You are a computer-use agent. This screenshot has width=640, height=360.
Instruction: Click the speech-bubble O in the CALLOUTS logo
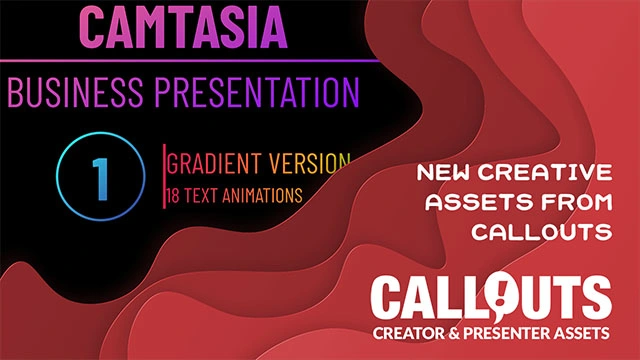(487, 295)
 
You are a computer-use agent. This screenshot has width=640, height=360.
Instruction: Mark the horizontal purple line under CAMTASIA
(190, 60)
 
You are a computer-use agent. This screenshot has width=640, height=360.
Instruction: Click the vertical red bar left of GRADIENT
(165, 176)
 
